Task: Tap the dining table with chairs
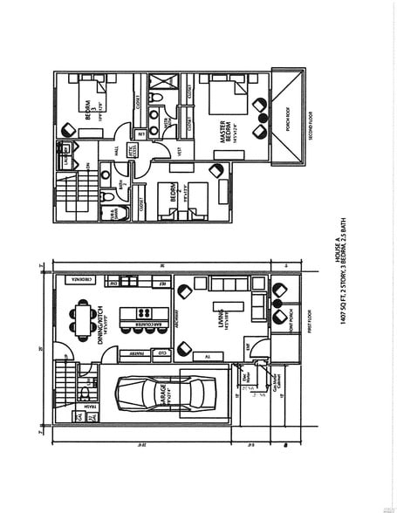click(x=83, y=318)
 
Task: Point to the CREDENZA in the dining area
click(x=76, y=281)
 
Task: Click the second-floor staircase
click(x=67, y=194)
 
